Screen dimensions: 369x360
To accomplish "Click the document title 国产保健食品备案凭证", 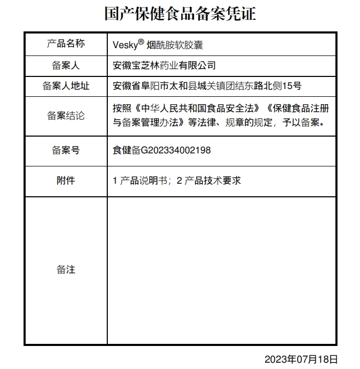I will pos(180,14).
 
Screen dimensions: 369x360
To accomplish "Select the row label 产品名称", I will pos(65,43).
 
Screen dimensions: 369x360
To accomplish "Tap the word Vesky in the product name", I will pos(125,45).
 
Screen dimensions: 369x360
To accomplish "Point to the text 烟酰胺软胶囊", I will pos(175,45).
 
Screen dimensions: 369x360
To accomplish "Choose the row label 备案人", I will pos(65,66).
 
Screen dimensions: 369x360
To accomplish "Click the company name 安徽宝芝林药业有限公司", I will pos(164,66).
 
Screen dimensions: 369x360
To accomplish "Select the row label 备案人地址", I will pos(65,85).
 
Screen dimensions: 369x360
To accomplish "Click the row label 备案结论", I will pos(65,115).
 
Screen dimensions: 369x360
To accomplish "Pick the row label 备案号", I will pos(65,150).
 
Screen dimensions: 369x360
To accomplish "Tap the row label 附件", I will pos(65,181).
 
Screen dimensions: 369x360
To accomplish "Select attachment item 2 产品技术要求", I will pos(209,181).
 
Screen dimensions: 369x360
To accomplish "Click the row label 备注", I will pos(65,270).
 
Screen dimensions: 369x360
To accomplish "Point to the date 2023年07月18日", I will pos(301,359).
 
